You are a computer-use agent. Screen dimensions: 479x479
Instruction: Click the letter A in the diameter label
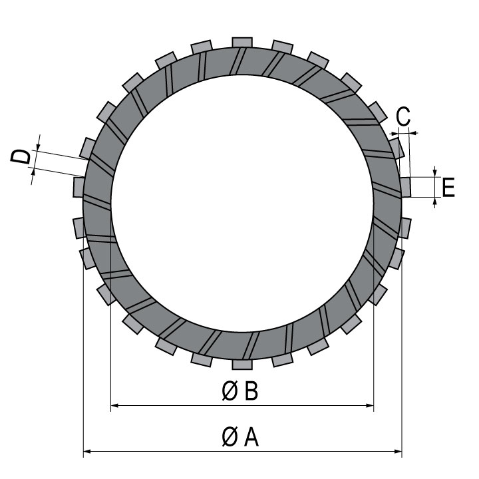251,437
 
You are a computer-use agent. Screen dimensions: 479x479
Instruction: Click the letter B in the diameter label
251,391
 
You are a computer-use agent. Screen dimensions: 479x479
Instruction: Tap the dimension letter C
403,116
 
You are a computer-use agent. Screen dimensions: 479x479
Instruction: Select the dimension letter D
21,156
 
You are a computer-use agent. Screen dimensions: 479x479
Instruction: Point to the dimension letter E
448,187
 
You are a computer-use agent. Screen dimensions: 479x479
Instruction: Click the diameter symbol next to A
230,437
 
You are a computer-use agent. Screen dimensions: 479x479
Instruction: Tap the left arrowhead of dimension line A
87,451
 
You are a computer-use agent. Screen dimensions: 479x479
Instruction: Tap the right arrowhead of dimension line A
398,451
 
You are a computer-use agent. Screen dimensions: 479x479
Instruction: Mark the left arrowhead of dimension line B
114,405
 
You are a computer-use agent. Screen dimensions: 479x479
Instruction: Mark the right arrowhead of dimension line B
370,405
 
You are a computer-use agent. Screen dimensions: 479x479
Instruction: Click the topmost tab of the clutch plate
242,43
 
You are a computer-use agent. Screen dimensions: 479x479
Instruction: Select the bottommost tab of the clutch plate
242,365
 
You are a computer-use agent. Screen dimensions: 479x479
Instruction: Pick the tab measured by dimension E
406,187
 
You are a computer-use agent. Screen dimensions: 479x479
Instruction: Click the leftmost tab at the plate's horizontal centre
79,187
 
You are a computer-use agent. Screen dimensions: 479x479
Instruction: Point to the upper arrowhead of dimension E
435,173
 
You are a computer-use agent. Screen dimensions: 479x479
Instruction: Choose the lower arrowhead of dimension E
435,202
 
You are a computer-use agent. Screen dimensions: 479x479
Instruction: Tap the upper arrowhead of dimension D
37,146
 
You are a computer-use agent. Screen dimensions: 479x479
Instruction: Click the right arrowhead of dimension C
414,133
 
